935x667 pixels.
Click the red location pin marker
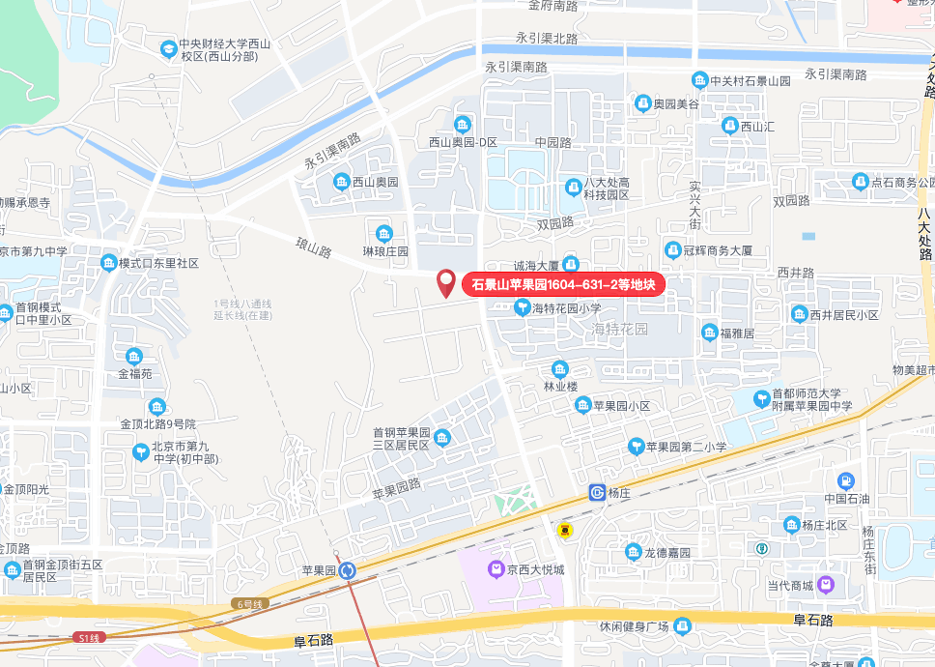click(446, 282)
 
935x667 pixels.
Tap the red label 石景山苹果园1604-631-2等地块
click(563, 284)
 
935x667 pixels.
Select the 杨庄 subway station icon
click(597, 493)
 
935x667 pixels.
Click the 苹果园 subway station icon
click(346, 570)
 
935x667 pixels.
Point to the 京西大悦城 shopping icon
click(496, 569)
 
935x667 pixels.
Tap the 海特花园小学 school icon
click(523, 308)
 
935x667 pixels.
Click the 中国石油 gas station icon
click(846, 480)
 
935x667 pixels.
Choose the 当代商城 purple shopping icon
click(826, 585)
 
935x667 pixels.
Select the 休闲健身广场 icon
click(682, 625)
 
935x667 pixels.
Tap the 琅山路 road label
click(314, 246)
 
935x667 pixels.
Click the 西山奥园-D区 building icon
click(463, 124)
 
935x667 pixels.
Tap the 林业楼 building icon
click(559, 369)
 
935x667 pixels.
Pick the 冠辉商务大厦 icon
click(673, 249)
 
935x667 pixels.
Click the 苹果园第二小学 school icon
click(636, 446)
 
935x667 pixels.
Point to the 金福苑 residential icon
click(133, 356)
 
